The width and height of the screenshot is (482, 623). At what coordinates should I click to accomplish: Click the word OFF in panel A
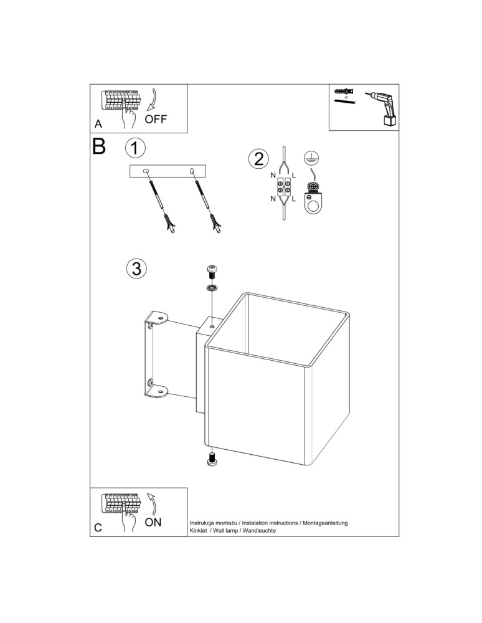point(156,119)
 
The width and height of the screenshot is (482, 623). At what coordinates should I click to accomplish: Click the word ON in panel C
point(153,522)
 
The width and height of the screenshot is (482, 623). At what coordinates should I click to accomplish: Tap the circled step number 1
point(135,148)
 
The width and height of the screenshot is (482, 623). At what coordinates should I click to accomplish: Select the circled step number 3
point(136,269)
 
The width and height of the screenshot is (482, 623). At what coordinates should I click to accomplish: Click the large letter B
point(100,148)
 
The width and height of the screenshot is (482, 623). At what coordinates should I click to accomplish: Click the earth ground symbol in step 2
point(309,158)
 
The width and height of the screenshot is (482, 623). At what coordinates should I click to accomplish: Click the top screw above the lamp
point(212,272)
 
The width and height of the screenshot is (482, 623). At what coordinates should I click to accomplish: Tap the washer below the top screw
point(212,288)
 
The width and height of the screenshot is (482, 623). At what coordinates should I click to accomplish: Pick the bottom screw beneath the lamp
point(212,459)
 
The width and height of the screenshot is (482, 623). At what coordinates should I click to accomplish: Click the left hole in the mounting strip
point(146,171)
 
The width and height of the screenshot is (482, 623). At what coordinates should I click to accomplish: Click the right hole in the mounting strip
point(192,171)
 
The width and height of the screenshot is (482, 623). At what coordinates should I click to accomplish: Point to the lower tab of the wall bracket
point(158,391)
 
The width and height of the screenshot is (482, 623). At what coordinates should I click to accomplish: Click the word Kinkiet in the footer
point(201,530)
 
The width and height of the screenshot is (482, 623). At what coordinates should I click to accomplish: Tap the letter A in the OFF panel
point(98,124)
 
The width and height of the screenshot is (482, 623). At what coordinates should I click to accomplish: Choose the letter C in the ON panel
point(98,528)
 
